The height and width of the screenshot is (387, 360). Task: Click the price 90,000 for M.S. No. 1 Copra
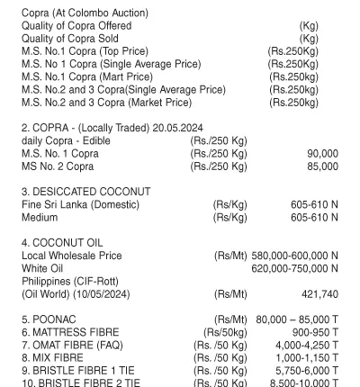(322, 154)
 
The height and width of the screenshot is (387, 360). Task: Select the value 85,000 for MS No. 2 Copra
(322, 166)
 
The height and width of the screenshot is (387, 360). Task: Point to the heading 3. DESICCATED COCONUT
(86, 192)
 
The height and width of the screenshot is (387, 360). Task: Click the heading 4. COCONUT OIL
(62, 243)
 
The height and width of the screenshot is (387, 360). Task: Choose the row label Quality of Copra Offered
(76, 26)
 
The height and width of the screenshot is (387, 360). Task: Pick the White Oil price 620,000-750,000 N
(294, 268)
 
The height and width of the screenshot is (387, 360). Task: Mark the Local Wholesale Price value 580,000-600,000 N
(294, 256)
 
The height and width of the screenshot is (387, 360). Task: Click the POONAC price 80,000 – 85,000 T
(297, 319)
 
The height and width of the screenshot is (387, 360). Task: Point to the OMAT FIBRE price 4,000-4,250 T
(307, 346)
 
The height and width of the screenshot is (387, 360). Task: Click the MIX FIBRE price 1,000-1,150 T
(307, 358)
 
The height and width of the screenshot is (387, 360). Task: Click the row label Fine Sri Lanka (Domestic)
(81, 205)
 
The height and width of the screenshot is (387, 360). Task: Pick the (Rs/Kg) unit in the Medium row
(229, 218)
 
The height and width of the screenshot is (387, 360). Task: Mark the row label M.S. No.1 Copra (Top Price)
(85, 51)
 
